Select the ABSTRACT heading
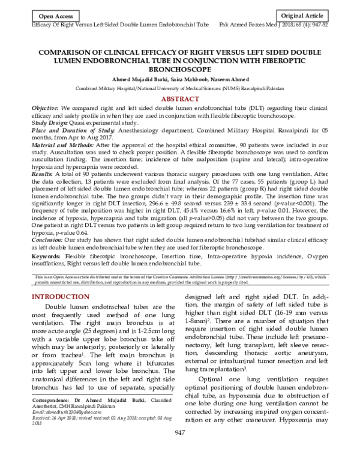179,98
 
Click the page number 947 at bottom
179,451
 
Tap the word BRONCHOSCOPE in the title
179,69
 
